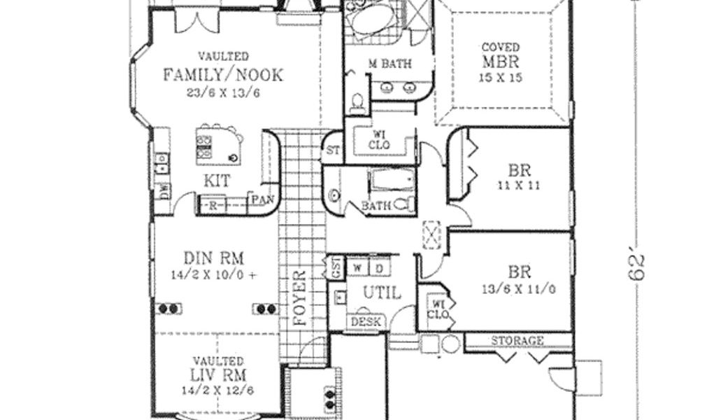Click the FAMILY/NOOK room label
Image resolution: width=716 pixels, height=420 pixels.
click(x=223, y=75)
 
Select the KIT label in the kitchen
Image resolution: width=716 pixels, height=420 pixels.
click(x=217, y=181)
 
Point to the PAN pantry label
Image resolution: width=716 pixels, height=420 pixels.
click(x=262, y=199)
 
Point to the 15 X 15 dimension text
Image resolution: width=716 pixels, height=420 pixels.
click(x=501, y=78)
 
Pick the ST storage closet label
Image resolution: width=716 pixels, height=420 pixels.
click(x=332, y=151)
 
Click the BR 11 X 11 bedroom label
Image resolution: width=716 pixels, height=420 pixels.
click(x=517, y=170)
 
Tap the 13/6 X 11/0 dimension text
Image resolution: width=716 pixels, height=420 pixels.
click(x=518, y=288)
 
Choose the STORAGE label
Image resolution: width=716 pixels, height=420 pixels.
click(x=517, y=341)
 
